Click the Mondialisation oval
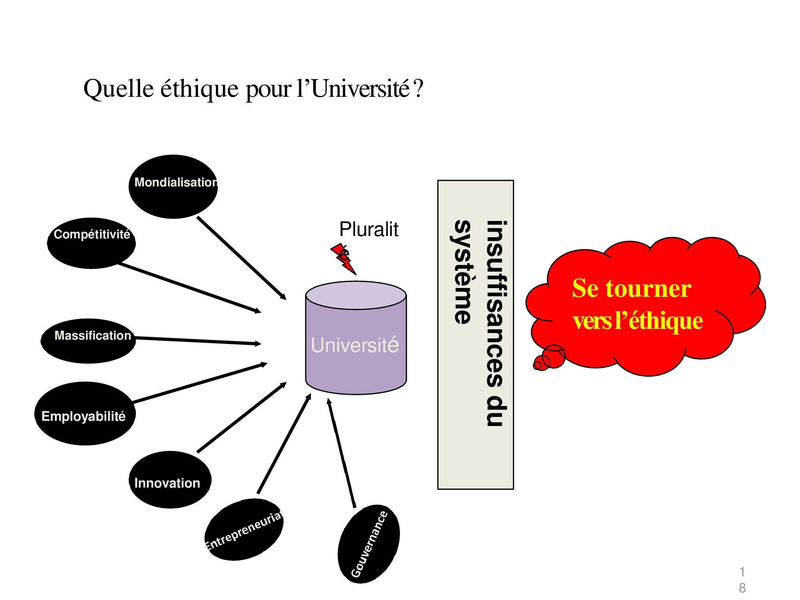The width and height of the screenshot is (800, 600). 173,187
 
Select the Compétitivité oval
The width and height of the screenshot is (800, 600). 91,243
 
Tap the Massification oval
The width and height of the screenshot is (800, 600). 88,341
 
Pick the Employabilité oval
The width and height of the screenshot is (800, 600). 85,414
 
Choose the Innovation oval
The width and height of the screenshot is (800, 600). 170,480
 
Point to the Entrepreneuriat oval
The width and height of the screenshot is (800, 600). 244,529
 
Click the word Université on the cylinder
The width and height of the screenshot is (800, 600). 355,345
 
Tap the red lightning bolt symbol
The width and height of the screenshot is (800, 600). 344,259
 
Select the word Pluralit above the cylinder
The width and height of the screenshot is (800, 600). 368,230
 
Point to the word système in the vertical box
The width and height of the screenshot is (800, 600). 463,272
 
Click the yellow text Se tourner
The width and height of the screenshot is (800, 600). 632,288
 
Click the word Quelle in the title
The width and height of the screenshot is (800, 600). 119,88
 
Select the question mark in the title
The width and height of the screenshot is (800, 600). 419,88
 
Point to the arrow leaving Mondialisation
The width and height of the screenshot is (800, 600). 241,258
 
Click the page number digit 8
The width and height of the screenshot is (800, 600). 742,588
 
